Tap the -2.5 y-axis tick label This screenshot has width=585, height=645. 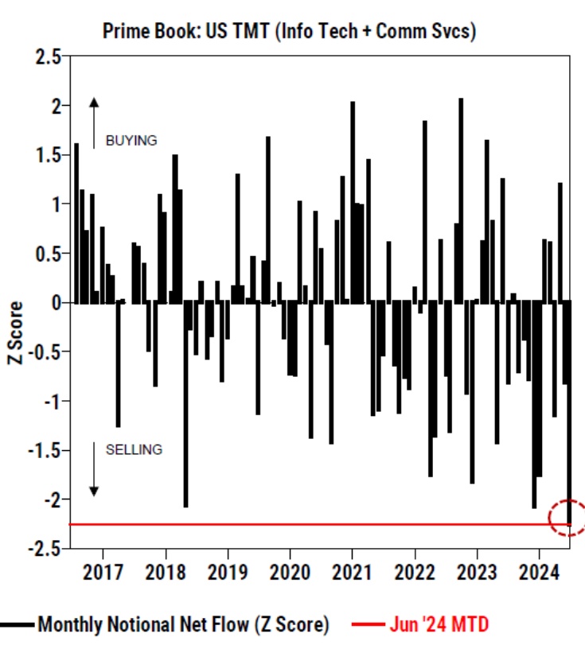(45, 548)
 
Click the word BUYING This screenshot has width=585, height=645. (131, 140)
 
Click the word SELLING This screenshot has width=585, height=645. (134, 449)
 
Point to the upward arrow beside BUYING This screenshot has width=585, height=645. (94, 122)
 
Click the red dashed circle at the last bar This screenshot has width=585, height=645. (567, 517)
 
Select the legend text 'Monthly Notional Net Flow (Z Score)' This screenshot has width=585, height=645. (182, 624)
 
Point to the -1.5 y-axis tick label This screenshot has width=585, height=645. (45, 450)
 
